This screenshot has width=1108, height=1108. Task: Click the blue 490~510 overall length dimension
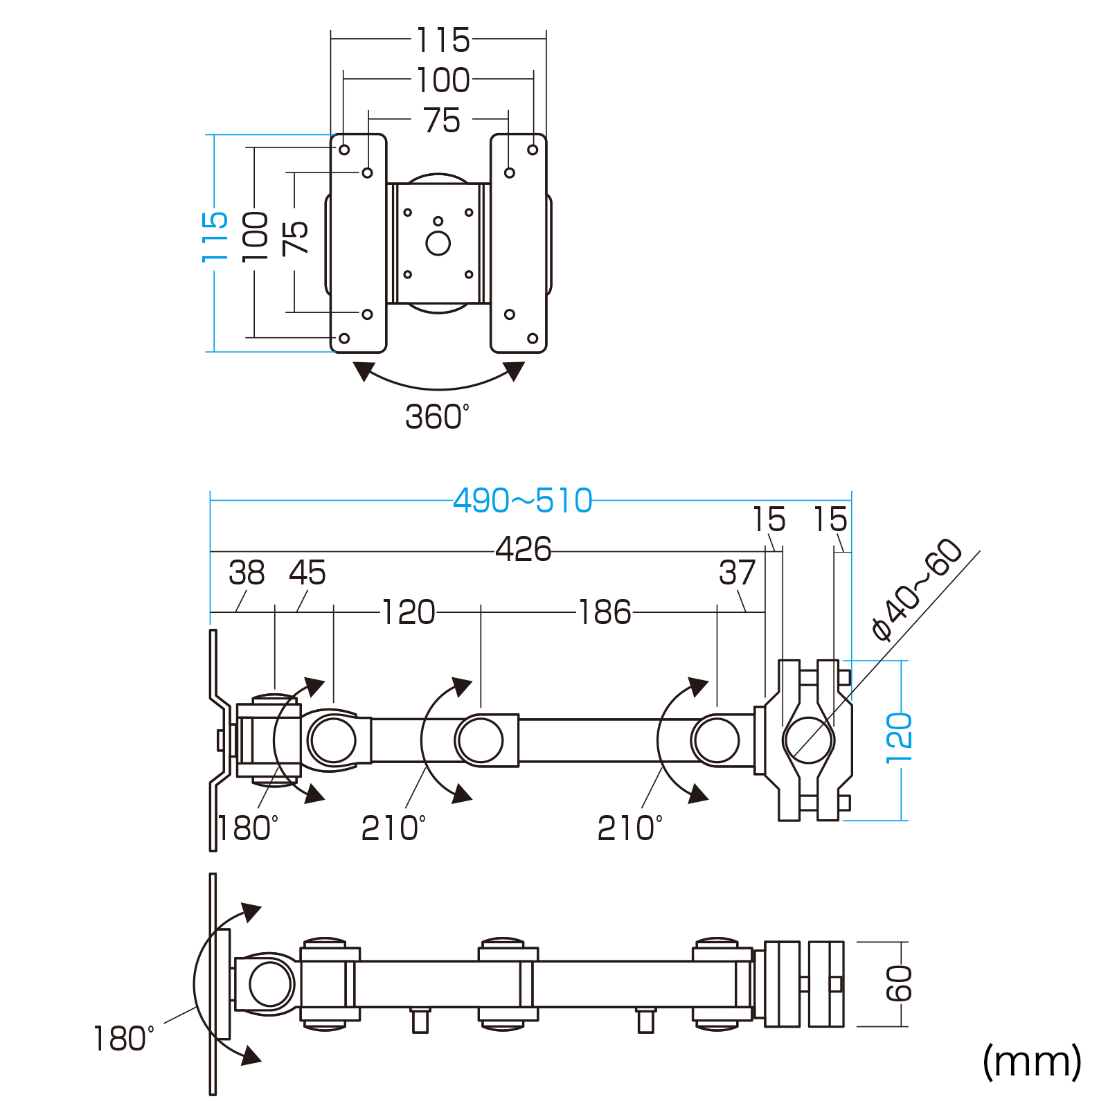[523, 500]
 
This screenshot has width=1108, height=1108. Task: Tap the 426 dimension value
[523, 549]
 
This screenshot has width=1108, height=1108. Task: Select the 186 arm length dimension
[605, 612]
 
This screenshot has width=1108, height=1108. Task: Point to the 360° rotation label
[436, 417]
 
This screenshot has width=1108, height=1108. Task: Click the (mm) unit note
[1032, 1061]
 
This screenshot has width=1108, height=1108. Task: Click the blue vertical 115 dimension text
[215, 238]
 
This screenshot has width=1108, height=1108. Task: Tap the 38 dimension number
[247, 573]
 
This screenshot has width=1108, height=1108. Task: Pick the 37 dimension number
[736, 573]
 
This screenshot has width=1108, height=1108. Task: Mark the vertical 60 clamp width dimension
[899, 983]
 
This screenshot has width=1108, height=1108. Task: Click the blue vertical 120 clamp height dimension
[899, 738]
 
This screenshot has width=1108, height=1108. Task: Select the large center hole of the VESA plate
[438, 243]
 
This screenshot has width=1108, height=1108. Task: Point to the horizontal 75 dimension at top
[442, 120]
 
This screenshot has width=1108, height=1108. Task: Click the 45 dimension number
[307, 573]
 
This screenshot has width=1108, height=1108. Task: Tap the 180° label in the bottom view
[123, 1039]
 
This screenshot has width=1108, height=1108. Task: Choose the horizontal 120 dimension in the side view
[409, 612]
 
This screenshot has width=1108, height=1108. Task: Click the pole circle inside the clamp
[808, 740]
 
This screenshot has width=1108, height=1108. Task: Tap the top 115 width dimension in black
[443, 40]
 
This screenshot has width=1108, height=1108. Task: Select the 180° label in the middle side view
[248, 828]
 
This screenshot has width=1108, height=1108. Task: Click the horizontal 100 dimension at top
[443, 80]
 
